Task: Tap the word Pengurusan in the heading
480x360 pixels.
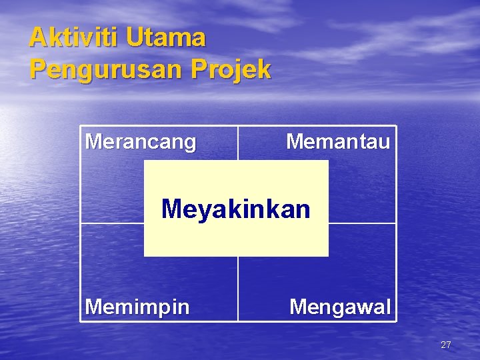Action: [x=107, y=69]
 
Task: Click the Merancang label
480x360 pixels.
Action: [x=141, y=142]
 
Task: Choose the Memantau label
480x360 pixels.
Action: [x=338, y=141]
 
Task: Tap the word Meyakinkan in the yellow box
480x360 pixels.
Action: [x=236, y=209]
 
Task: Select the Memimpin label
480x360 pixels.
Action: [x=137, y=307]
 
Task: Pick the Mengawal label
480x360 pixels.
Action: [x=340, y=307]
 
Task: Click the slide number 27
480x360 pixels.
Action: [x=446, y=345]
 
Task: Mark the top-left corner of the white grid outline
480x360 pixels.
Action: [x=81, y=127]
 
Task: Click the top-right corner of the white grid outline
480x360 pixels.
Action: [x=396, y=127]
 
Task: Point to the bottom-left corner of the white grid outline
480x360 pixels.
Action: [x=81, y=321]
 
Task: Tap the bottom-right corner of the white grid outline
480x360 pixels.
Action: [x=396, y=321]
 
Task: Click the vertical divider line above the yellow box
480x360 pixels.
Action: [x=238, y=143]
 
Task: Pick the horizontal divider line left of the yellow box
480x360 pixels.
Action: [x=112, y=223]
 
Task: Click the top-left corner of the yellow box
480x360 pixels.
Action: [x=145, y=161]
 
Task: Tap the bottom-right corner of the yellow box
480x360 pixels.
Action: [x=328, y=256]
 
